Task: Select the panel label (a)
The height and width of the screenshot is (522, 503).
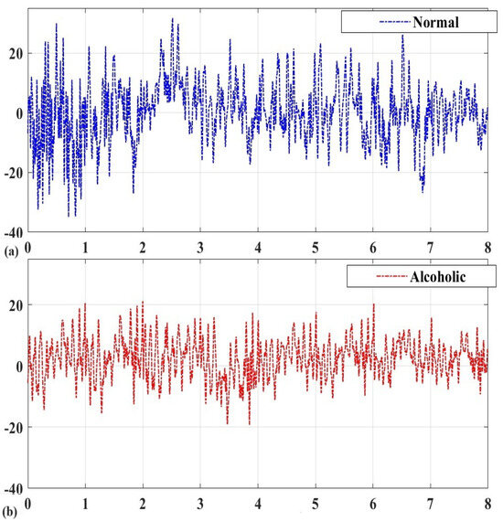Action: (x=10, y=247)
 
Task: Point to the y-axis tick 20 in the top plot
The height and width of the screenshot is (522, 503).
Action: (x=15, y=53)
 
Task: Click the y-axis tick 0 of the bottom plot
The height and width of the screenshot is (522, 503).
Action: (x=19, y=367)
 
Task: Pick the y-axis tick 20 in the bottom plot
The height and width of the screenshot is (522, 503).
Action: (x=15, y=305)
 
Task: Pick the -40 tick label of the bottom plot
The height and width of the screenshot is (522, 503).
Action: (x=13, y=487)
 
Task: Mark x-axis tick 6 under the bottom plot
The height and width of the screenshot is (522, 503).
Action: (x=373, y=503)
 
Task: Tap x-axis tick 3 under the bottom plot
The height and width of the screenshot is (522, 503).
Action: (x=200, y=503)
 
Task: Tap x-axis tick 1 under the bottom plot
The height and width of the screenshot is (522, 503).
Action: (x=86, y=503)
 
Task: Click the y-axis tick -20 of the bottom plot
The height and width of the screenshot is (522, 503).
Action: (x=13, y=427)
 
